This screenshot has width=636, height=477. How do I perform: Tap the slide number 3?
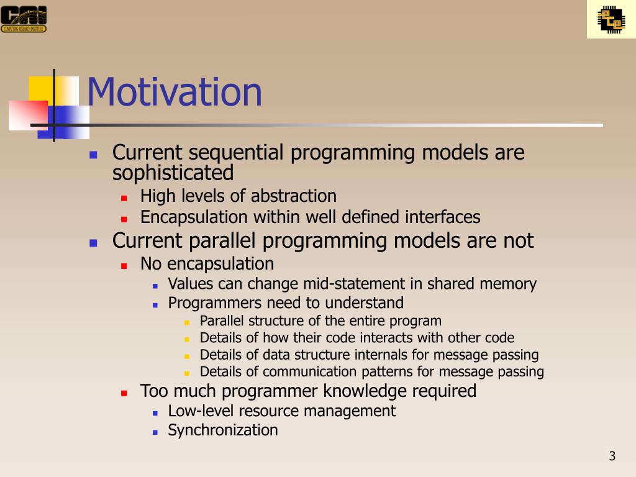click(x=612, y=456)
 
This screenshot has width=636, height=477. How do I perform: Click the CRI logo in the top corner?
click(x=24, y=19)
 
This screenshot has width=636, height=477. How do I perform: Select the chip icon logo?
click(x=611, y=19)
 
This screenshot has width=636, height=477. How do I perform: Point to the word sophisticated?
click(x=173, y=173)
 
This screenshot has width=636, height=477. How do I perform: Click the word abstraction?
click(x=294, y=196)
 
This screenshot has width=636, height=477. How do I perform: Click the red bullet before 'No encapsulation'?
click(x=124, y=266)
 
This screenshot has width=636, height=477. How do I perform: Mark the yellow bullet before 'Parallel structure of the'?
click(x=186, y=323)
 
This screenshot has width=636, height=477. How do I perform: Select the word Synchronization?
click(x=223, y=430)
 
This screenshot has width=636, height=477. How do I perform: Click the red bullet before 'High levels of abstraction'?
click(x=124, y=198)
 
